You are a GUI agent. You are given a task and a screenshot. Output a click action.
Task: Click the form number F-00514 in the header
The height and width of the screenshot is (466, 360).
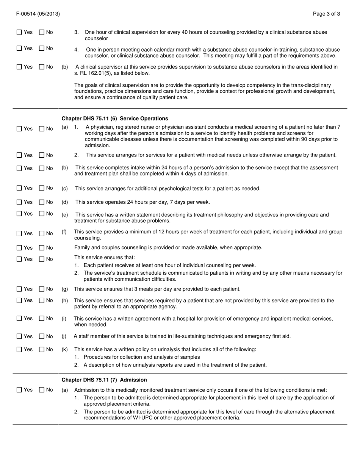pos(28,14)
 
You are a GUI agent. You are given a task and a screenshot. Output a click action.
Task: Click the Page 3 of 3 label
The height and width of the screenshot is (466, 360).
pos(326,14)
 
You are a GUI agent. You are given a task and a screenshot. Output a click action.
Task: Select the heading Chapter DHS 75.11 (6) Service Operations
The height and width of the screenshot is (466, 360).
pos(114,119)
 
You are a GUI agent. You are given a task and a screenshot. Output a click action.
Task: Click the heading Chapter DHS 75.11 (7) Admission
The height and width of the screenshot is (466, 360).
pos(104,380)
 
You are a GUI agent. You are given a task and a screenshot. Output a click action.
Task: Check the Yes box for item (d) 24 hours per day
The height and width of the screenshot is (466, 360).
pos(19,202)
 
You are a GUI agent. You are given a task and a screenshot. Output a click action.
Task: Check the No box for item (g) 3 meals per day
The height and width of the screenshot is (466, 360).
pos(42,289)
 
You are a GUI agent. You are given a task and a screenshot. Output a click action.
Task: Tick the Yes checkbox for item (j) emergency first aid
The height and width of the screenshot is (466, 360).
pos(19,336)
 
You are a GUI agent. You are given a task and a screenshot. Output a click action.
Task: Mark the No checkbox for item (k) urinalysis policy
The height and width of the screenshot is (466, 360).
pos(42,349)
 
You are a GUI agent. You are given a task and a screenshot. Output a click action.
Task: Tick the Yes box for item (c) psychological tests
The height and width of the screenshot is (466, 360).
pos(19,188)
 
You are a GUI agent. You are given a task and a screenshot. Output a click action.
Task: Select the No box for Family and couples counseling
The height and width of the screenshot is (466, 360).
pos(42,248)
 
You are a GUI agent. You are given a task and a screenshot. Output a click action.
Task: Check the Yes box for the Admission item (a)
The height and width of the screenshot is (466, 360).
pos(19,390)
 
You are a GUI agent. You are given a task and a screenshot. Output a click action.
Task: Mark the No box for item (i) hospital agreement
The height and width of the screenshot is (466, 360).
pos(42,319)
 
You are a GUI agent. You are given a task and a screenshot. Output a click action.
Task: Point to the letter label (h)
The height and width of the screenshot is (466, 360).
pos(65,301)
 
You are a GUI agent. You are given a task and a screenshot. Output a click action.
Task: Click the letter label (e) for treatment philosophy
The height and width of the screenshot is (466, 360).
pos(65,215)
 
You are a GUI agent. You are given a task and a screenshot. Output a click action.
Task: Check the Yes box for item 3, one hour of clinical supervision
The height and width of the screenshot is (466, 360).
pos(19,33)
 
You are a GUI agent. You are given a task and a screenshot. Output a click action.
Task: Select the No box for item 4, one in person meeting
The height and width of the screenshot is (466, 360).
pos(42,48)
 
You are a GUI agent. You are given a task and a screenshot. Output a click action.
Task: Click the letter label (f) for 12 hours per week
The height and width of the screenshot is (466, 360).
pos(64,232)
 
